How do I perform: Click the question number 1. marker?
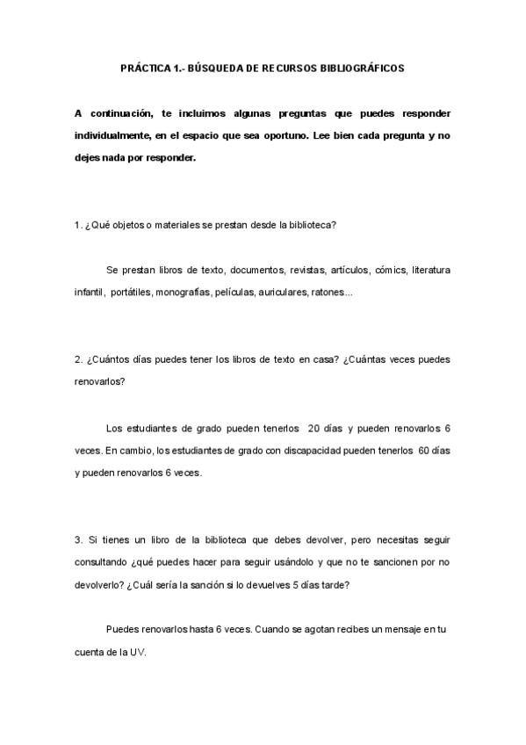pos(78,224)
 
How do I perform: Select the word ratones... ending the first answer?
pos(332,292)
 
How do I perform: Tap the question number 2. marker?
pos(78,360)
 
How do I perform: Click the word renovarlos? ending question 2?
pos(100,382)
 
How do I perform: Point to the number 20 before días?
pos(314,428)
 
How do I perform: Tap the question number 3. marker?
pos(78,539)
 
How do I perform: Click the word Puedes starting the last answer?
pos(121,630)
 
